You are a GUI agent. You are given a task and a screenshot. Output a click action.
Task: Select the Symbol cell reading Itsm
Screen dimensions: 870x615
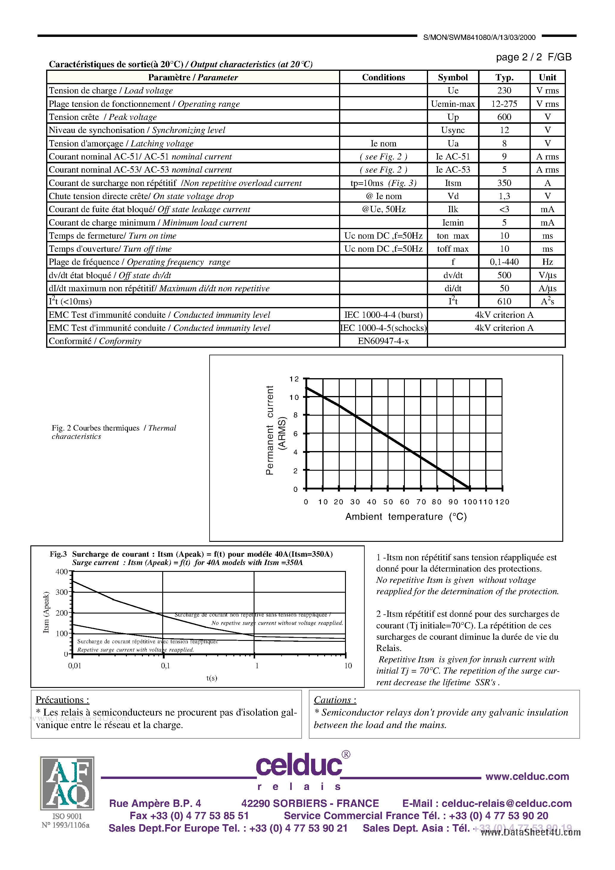coord(453,183)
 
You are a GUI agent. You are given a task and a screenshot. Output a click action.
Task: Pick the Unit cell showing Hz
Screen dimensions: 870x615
coord(547,262)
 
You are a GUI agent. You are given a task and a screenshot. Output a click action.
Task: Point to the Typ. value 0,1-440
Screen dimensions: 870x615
coord(504,262)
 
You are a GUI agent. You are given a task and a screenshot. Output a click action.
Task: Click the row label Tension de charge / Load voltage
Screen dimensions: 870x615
coord(111,90)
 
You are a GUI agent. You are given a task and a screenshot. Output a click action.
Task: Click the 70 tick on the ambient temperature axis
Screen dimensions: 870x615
coord(421,502)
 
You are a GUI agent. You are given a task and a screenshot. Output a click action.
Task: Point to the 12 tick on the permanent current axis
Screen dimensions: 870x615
coord(294,379)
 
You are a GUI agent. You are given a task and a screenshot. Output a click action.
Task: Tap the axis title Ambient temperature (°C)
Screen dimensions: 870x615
coord(406,517)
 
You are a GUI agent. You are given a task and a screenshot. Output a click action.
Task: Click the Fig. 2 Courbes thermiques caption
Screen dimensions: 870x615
coord(114,432)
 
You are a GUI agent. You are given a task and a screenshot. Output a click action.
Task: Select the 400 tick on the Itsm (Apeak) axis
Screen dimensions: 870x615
coord(61,571)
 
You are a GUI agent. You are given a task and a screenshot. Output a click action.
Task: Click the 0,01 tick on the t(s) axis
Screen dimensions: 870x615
coord(75,665)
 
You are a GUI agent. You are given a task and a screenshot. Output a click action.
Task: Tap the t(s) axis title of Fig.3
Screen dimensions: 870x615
coord(212,678)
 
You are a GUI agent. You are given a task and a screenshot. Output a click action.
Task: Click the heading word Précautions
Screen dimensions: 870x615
coord(62,700)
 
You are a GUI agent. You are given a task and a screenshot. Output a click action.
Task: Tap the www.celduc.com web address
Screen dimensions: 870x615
coord(527,776)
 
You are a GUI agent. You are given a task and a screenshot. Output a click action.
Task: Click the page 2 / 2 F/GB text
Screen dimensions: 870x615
coord(533,57)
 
